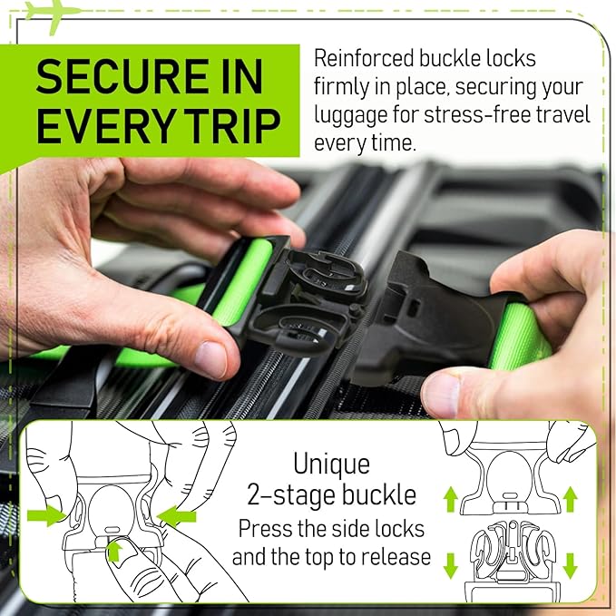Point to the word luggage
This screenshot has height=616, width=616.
(355, 116)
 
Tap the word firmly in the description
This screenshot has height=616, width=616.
(342, 87)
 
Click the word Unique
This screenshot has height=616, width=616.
(331, 464)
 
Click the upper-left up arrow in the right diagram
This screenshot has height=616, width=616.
(448, 498)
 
